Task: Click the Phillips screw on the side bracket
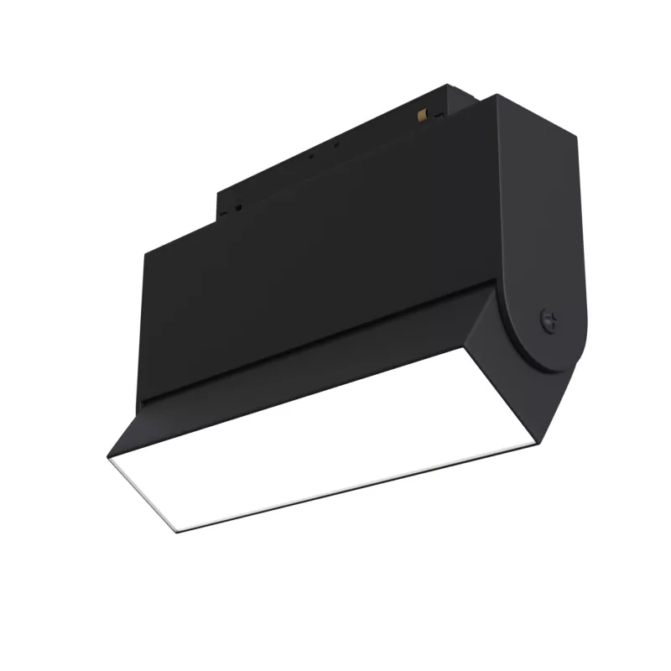pyautogui.click(x=550, y=319)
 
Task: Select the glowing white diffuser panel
pyautogui.click(x=335, y=436)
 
